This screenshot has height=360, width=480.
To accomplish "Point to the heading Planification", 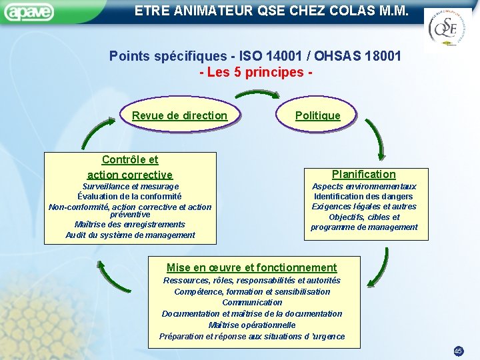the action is [x=363, y=174].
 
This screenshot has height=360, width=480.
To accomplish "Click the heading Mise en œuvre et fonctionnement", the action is [x=251, y=267].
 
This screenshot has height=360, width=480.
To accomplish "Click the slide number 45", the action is [x=458, y=351].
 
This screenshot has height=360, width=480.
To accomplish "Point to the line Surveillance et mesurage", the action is [x=130, y=187].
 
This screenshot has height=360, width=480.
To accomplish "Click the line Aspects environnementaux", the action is [x=363, y=187].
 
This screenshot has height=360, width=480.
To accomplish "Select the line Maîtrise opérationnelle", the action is [x=251, y=325].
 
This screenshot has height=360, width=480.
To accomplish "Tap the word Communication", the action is [x=251, y=302].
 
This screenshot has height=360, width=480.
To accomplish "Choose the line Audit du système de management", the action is [x=130, y=235].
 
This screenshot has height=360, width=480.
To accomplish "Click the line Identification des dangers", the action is [x=363, y=197].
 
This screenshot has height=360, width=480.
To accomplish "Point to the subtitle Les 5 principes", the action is [x=255, y=71].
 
